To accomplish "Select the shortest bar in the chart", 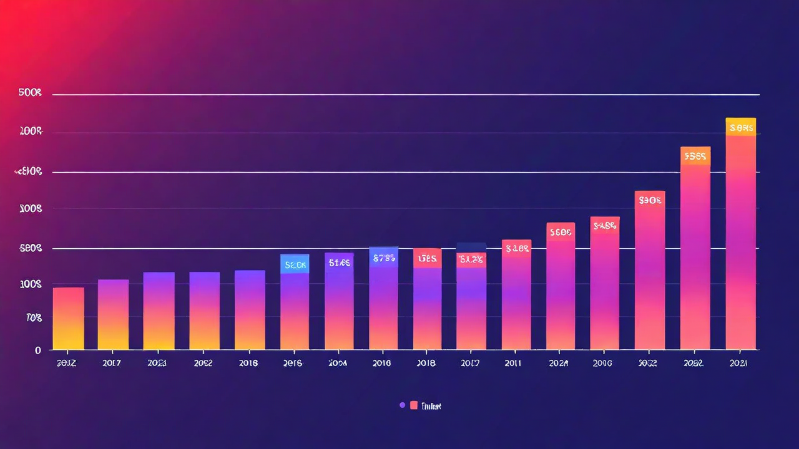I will pyautogui.click(x=68, y=318).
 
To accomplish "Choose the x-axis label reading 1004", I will pyautogui.click(x=338, y=363).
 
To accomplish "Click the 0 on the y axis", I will pyautogui.click(x=38, y=350).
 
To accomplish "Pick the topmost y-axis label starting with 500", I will pyautogui.click(x=30, y=93).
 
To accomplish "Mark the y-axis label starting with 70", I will pyautogui.click(x=34, y=318).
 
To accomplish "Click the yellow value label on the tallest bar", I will pyautogui.click(x=741, y=128).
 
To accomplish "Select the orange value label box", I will pyautogui.click(x=695, y=156).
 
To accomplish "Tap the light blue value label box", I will pyautogui.click(x=295, y=264).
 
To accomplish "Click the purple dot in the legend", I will pyautogui.click(x=402, y=405).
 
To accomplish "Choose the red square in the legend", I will pyautogui.click(x=413, y=405).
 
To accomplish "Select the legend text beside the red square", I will pyautogui.click(x=431, y=406).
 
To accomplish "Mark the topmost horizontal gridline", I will pyautogui.click(x=406, y=95).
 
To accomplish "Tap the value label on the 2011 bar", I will pyautogui.click(x=517, y=248).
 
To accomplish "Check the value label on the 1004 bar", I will pyautogui.click(x=339, y=263).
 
